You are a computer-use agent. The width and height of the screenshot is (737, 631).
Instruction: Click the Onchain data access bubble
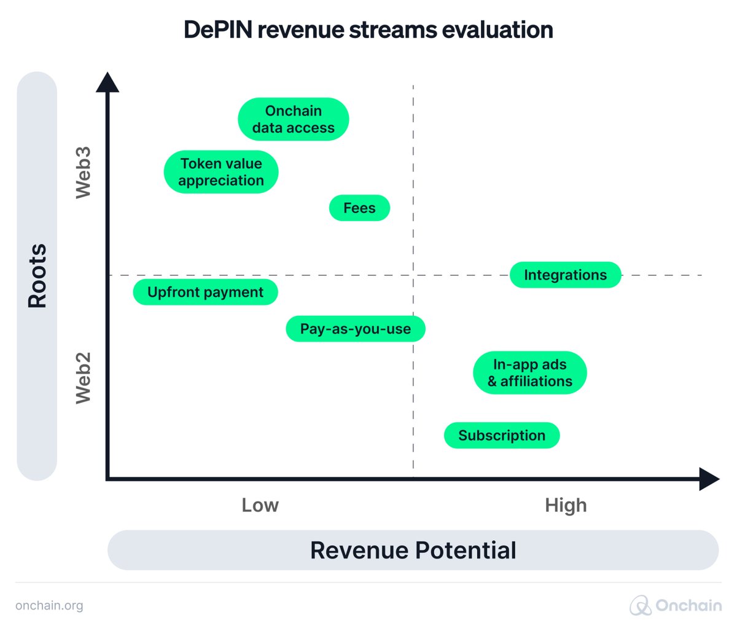(294, 119)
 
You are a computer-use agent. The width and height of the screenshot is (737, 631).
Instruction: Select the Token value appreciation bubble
(221, 172)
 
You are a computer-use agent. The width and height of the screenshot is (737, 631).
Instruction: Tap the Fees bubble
(359, 208)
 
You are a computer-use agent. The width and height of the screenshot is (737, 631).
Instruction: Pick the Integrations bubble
(565, 275)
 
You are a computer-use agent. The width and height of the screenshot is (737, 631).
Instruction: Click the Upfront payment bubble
(205, 292)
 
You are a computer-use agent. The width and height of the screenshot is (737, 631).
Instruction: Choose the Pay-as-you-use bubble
(355, 329)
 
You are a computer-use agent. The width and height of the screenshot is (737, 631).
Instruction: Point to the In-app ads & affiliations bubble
(529, 373)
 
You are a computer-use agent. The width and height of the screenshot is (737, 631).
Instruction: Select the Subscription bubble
(502, 436)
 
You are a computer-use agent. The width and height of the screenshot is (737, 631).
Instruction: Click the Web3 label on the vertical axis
(83, 173)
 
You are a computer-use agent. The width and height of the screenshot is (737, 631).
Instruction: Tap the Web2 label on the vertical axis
(83, 378)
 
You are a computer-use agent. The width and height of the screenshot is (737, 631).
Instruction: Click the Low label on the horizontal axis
(260, 505)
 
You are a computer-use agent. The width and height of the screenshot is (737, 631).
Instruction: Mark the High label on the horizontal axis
(566, 505)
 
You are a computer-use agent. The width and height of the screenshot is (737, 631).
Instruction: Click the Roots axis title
(37, 276)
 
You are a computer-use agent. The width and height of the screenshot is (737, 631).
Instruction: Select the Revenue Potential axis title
(413, 551)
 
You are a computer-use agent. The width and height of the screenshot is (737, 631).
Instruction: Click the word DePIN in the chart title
(217, 30)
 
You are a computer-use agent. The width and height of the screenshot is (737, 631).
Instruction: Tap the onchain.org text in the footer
(49, 606)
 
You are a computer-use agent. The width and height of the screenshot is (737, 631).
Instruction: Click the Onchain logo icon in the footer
(640, 606)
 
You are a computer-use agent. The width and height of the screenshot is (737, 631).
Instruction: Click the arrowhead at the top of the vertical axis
(107, 82)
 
